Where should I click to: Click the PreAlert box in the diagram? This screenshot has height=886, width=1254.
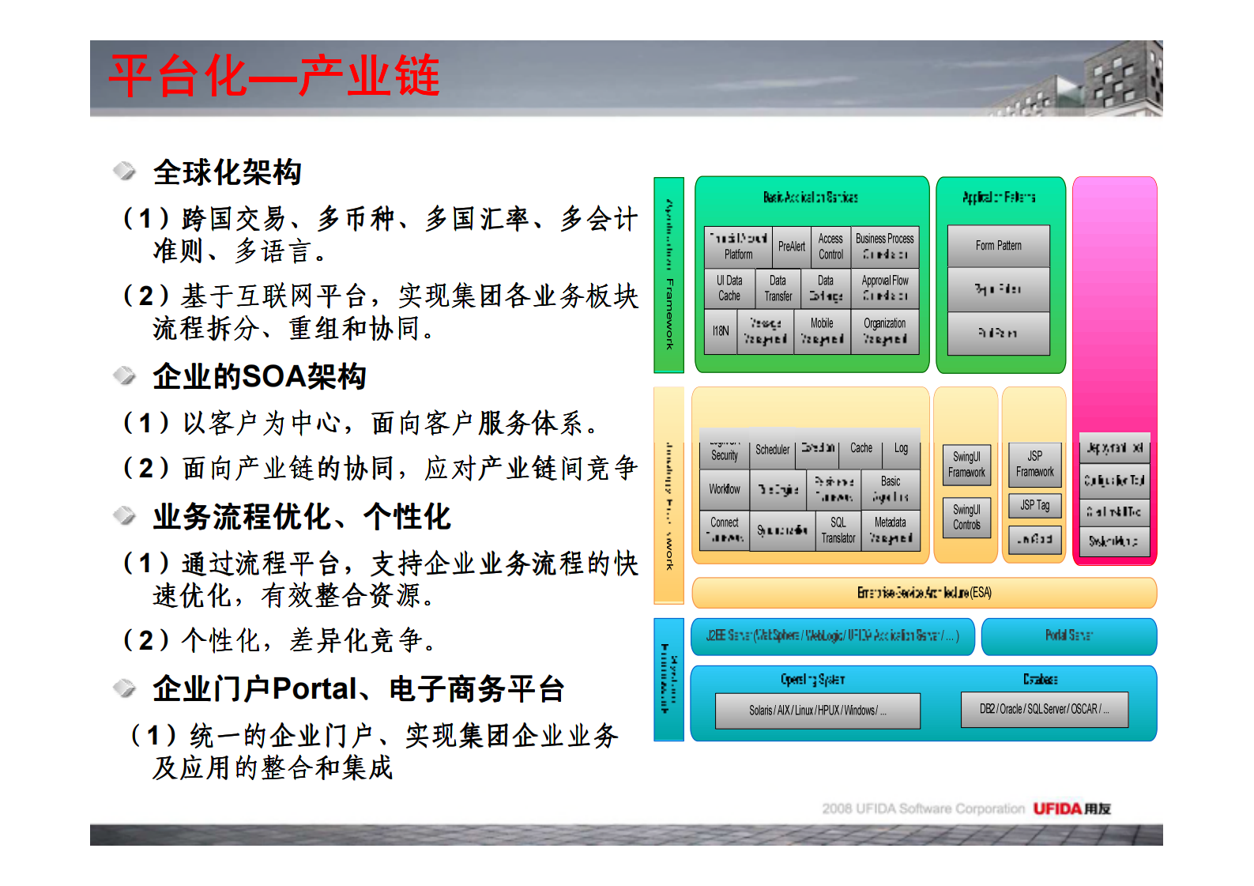pyautogui.click(x=791, y=247)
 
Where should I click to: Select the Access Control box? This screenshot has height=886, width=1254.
pyautogui.click(x=830, y=247)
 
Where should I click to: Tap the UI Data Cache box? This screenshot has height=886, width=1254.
pyautogui.click(x=729, y=288)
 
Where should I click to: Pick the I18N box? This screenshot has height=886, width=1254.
pyautogui.click(x=721, y=331)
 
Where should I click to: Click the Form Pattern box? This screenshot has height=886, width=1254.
pyautogui.click(x=998, y=246)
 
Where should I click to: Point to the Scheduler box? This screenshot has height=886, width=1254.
pyautogui.click(x=772, y=450)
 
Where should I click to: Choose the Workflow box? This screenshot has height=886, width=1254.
pyautogui.click(x=724, y=489)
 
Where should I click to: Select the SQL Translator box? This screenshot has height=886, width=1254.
pyautogui.click(x=838, y=530)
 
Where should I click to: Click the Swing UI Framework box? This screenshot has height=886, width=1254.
pyautogui.click(x=966, y=465)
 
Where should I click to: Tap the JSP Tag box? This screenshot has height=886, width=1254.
pyautogui.click(x=1034, y=505)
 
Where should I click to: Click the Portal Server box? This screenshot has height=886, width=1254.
pyautogui.click(x=1068, y=635)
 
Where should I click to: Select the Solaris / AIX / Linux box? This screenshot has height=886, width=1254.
pyautogui.click(x=817, y=711)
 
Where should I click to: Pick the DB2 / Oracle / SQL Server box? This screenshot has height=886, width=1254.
pyautogui.click(x=1044, y=709)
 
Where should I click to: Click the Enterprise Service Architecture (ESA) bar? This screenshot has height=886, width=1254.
pyautogui.click(x=924, y=593)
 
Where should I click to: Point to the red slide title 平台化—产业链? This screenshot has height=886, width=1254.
pyautogui.click(x=274, y=77)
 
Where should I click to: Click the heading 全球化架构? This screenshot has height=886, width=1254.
pyautogui.click(x=228, y=172)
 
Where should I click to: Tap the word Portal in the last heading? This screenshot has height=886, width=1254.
pyautogui.click(x=314, y=689)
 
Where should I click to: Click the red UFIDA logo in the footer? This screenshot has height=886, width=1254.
pyautogui.click(x=1057, y=809)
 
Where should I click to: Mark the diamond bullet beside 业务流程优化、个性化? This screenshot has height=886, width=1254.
pyautogui.click(x=124, y=516)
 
